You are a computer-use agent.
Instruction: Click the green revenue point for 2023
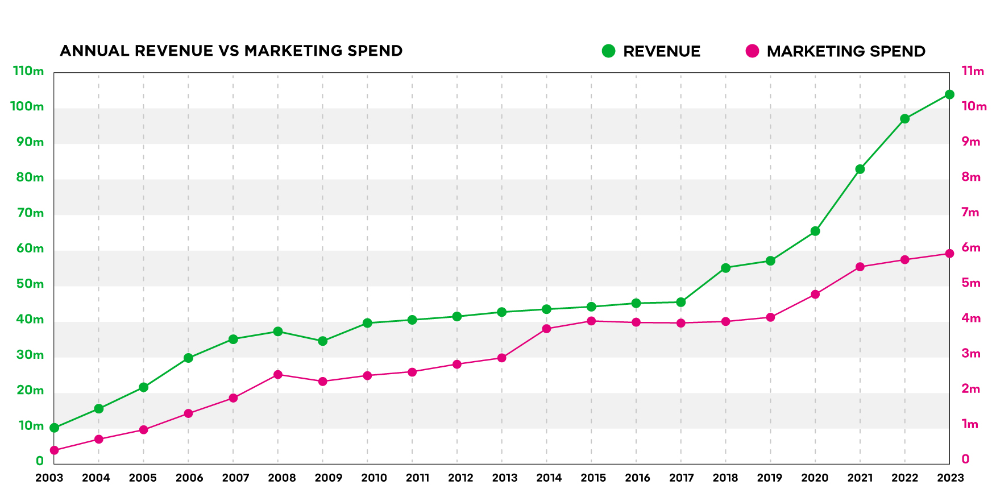pyautogui.click(x=949, y=94)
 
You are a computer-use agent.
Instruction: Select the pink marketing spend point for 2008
pyautogui.click(x=278, y=375)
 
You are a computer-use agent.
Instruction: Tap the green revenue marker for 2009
pyautogui.click(x=322, y=341)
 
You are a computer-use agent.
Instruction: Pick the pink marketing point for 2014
pyautogui.click(x=546, y=329)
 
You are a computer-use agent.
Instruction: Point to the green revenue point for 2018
pyautogui.click(x=725, y=268)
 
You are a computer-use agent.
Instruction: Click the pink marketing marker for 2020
pyautogui.click(x=815, y=295)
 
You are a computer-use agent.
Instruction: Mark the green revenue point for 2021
pyautogui.click(x=860, y=169)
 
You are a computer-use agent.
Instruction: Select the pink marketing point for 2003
pyautogui.click(x=54, y=450)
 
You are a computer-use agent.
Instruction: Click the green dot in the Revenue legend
pyautogui.click(x=608, y=51)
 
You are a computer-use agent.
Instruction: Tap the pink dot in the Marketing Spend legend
pyautogui.click(x=752, y=51)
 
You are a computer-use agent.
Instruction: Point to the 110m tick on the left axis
pyautogui.click(x=28, y=71)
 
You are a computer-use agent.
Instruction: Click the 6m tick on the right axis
pyautogui.click(x=971, y=247)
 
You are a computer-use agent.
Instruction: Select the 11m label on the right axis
pyautogui.click(x=972, y=71)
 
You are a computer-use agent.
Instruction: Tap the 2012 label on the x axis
pyautogui.click(x=460, y=478)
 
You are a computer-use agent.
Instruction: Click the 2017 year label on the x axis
pyautogui.click(x=681, y=478)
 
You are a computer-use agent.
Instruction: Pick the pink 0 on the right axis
pyautogui.click(x=965, y=459)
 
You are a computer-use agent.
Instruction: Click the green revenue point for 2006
pyautogui.click(x=188, y=358)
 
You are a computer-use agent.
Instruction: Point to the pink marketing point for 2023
pyautogui.click(x=949, y=254)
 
